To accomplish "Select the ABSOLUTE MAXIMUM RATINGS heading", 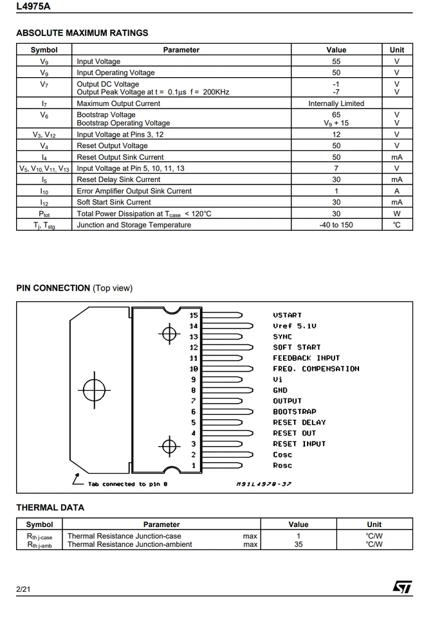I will click(x=82, y=33).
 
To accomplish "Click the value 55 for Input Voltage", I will click(x=336, y=62).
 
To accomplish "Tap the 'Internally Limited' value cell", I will click(x=336, y=103).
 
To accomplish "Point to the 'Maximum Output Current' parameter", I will click(x=118, y=103).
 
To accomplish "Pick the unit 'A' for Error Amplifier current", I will click(x=396, y=191).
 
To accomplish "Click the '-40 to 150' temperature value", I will click(x=336, y=225).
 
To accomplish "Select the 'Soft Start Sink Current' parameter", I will click(x=114, y=202).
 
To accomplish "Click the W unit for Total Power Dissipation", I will click(x=396, y=213).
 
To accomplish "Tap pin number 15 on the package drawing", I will click(x=194, y=316).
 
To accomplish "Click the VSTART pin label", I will click(x=287, y=316).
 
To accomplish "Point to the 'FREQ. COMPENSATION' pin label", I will click(x=316, y=369).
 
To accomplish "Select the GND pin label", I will click(x=280, y=390).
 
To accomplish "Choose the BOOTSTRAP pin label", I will click(x=294, y=412).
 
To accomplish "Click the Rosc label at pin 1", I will click(x=282, y=465).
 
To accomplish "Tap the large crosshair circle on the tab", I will click(x=94, y=389).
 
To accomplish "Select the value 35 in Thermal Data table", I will click(x=298, y=544).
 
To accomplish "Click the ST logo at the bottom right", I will click(x=402, y=587).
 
